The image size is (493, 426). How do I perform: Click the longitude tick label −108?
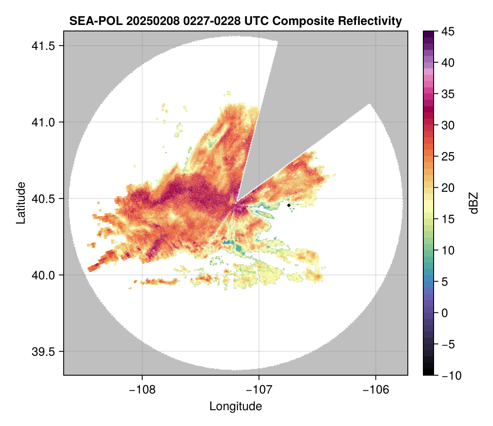(x=142, y=389)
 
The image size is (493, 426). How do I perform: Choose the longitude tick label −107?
(x=259, y=389)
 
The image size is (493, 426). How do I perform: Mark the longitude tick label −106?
(x=376, y=389)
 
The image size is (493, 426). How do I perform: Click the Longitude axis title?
(x=236, y=406)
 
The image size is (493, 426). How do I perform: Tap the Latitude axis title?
(x=21, y=203)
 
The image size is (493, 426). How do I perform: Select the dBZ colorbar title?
(x=474, y=203)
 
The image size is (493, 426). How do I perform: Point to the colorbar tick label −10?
(x=450, y=375)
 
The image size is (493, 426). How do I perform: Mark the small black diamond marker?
(x=289, y=205)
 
